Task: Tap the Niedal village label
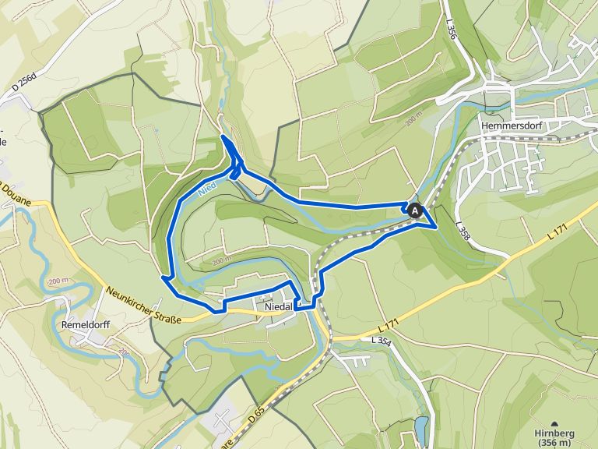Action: pos(279,306)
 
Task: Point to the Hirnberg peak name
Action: pos(555,433)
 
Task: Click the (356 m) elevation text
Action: pos(555,443)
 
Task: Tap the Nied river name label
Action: pos(206,187)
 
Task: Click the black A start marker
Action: pos(416,210)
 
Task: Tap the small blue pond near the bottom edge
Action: pos(421,427)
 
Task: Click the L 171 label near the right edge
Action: pos(558,230)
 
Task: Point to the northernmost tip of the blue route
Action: pos(223,136)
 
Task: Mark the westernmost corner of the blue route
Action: pos(162,276)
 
